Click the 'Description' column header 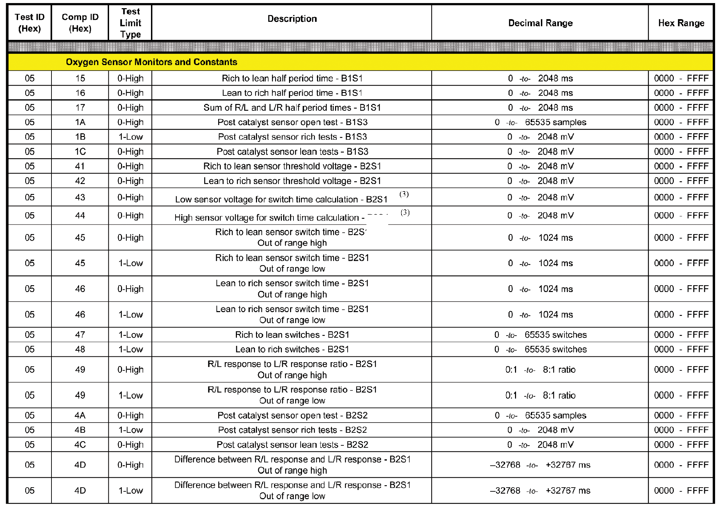click(x=292, y=19)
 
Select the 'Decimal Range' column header click(x=540, y=23)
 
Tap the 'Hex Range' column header click(x=681, y=23)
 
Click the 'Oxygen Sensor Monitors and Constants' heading click(x=151, y=62)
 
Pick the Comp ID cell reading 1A click(x=80, y=122)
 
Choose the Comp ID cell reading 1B click(x=80, y=137)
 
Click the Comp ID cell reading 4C click(x=80, y=445)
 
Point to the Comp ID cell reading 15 click(x=80, y=78)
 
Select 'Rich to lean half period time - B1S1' click(x=292, y=78)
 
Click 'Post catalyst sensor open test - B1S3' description click(x=292, y=122)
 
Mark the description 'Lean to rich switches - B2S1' click(x=292, y=349)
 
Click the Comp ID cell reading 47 click(x=80, y=335)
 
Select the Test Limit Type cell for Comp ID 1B click(x=131, y=137)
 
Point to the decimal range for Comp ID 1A click(x=540, y=122)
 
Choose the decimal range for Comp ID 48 click(x=540, y=349)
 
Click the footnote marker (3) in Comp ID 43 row click(x=404, y=194)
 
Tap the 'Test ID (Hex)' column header click(x=30, y=23)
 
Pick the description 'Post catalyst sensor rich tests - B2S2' click(x=292, y=430)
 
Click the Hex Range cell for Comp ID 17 click(x=681, y=108)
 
